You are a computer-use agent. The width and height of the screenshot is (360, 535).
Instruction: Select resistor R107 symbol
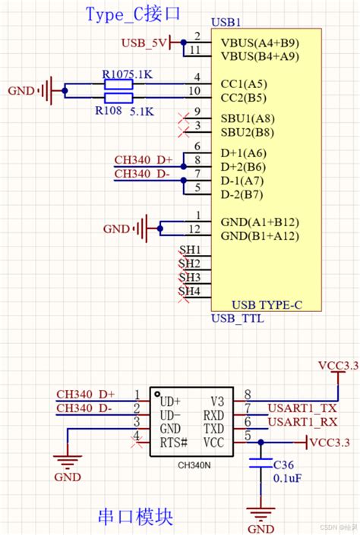click(118, 85)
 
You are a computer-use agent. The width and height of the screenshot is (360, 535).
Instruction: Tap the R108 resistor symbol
click(118, 98)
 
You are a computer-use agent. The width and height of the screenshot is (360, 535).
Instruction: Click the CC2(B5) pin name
click(243, 97)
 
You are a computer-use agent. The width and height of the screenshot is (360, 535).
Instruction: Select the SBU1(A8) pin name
click(248, 118)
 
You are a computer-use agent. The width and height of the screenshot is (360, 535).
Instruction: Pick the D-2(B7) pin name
click(242, 194)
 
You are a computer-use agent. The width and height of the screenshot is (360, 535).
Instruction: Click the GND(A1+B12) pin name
click(259, 222)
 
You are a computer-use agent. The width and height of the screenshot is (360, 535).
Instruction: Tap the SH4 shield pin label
click(189, 291)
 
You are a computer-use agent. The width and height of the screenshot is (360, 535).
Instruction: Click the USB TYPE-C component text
click(267, 305)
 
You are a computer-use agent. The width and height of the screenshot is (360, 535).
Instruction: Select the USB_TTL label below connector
click(238, 319)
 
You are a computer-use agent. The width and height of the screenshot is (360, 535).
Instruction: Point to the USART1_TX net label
click(302, 408)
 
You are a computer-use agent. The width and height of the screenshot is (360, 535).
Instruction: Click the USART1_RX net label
click(302, 422)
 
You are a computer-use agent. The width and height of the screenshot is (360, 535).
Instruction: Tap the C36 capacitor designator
click(283, 464)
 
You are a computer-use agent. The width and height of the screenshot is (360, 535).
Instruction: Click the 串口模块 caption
click(136, 518)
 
